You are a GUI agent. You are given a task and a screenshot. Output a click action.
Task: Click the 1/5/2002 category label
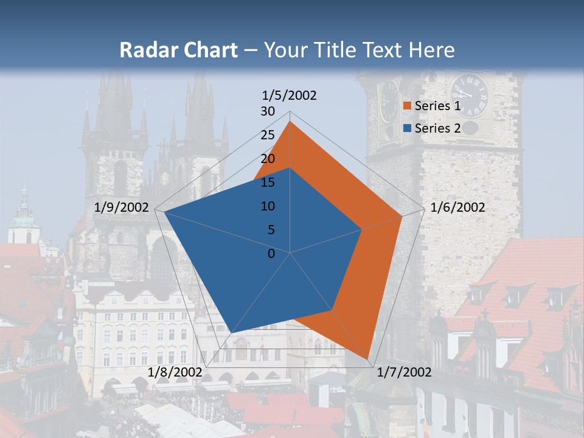pyautogui.click(x=289, y=96)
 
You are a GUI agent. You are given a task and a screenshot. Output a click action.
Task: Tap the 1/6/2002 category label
pyautogui.click(x=457, y=207)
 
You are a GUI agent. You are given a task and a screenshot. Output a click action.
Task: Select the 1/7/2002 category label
pyautogui.click(x=405, y=372)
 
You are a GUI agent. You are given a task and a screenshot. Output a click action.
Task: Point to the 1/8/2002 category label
pyautogui.click(x=175, y=372)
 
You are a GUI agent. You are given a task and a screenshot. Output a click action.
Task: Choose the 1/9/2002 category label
pyautogui.click(x=122, y=207)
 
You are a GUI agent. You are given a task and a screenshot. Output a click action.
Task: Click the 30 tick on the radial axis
pyautogui.click(x=268, y=111)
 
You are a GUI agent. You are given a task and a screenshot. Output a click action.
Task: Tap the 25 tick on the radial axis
pyautogui.click(x=268, y=135)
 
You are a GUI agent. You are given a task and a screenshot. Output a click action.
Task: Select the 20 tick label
pyautogui.click(x=268, y=159)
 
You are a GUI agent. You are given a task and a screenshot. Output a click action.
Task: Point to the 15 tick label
pyautogui.click(x=268, y=182)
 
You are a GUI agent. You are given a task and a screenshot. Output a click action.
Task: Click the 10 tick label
pyautogui.click(x=268, y=206)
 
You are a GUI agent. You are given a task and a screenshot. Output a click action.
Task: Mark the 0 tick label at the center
pyautogui.click(x=271, y=254)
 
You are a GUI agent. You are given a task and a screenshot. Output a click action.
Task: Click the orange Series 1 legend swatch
pyautogui.click(x=408, y=106)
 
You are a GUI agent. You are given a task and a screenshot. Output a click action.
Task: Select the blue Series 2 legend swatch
pyautogui.click(x=408, y=128)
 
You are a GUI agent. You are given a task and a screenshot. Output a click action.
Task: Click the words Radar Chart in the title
pyautogui.click(x=178, y=50)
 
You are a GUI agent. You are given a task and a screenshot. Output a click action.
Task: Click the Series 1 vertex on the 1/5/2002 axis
pyautogui.click(x=290, y=122)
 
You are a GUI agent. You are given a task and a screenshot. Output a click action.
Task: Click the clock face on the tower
pyautogui.click(x=470, y=96)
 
